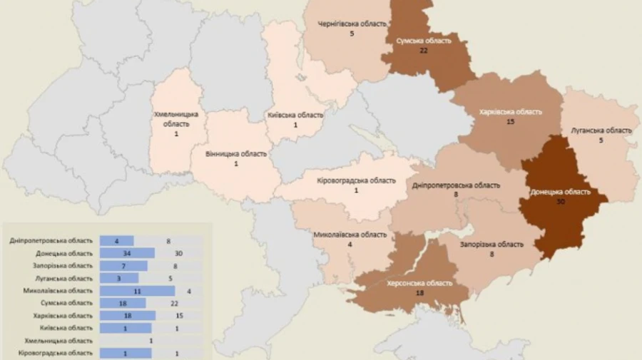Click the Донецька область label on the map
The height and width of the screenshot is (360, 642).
tap(560, 192)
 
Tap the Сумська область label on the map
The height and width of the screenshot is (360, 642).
tap(424, 41)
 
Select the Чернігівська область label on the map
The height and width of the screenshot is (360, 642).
tap(352, 24)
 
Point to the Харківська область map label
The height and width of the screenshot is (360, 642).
tap(510, 112)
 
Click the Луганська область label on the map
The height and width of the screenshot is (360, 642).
tap(601, 130)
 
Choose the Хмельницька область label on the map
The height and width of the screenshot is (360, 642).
tap(175, 118)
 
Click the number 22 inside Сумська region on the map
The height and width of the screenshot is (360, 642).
tap(423, 51)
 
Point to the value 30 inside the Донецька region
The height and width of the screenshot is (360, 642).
tap(560, 202)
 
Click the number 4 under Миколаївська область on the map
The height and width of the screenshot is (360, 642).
tap(350, 245)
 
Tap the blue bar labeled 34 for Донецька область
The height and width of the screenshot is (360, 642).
tap(127, 253)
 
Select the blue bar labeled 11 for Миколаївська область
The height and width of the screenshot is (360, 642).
tap(137, 291)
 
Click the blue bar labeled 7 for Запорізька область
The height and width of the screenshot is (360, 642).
tap(123, 265)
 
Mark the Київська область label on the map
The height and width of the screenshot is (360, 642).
tap(295, 115)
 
